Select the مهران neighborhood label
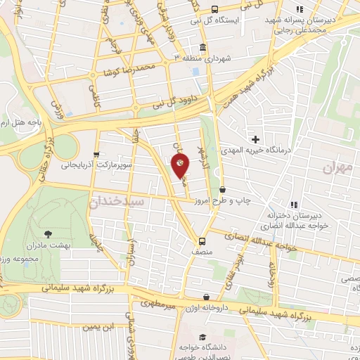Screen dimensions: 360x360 [337, 168]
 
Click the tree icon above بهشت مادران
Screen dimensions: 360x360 [48, 234]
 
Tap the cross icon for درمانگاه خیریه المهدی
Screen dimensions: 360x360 [256, 139]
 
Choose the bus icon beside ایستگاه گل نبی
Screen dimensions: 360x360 [214, 10]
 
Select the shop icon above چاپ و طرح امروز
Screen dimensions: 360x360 [223, 189]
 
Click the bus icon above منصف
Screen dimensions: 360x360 [202, 238]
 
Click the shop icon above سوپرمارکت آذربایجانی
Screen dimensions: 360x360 [96, 154]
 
